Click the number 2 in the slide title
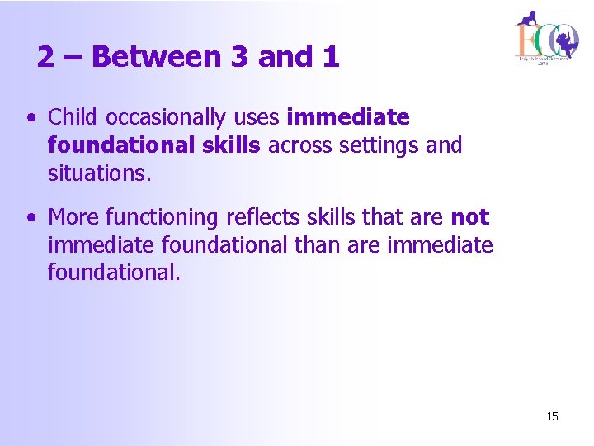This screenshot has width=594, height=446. (47, 56)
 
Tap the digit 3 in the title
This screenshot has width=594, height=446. (239, 56)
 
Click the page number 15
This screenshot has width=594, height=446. (552, 416)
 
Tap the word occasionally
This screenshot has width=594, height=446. (163, 117)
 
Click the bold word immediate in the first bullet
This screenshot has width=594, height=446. (347, 117)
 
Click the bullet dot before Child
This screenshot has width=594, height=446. (31, 118)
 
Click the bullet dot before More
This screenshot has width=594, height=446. (31, 218)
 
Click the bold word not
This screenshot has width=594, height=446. (470, 217)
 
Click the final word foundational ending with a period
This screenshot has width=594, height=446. (113, 273)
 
